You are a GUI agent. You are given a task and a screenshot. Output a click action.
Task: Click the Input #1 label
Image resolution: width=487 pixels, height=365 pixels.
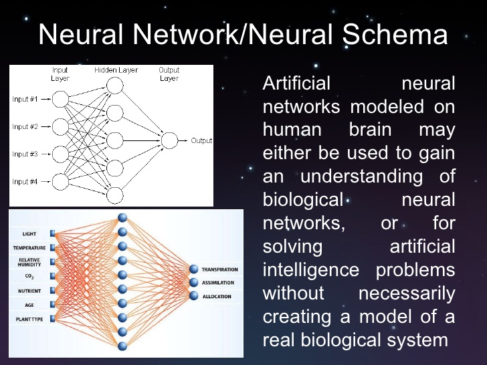click(25, 99)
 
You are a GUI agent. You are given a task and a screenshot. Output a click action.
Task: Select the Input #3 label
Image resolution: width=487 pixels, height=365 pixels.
click(25, 154)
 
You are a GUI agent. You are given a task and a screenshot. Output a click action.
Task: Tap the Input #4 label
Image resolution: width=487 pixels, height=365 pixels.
click(25, 181)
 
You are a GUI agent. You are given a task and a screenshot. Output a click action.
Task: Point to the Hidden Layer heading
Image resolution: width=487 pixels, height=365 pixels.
click(116, 70)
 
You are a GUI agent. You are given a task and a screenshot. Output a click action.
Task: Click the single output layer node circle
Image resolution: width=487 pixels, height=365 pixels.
click(169, 140)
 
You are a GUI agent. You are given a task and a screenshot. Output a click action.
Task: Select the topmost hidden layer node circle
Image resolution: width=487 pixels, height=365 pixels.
click(115, 85)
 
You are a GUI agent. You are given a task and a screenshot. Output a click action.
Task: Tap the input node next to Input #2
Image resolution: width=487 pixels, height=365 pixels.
click(61, 126)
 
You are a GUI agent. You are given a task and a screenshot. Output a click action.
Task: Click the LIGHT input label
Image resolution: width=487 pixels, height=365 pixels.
click(29, 235)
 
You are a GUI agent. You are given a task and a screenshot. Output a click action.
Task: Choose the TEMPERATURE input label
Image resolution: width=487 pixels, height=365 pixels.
click(29, 248)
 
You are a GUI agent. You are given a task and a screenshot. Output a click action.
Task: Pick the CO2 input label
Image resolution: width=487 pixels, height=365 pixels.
click(29, 276)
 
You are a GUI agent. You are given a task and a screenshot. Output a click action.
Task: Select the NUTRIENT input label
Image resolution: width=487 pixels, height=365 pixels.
click(29, 291)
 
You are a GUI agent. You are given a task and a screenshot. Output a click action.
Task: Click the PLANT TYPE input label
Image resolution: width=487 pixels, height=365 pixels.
click(29, 320)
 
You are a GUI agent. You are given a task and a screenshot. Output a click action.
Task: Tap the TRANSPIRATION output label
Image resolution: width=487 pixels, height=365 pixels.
click(219, 269)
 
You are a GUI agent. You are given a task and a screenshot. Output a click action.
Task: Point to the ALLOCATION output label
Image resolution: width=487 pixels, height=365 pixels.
click(217, 296)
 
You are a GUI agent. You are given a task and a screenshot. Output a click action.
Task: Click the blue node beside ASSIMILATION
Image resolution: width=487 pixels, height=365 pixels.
click(195, 283)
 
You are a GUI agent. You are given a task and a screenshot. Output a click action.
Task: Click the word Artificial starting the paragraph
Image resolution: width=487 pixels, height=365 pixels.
click(296, 84)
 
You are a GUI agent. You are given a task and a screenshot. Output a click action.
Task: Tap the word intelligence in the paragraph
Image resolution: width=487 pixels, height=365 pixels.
click(313, 269)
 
